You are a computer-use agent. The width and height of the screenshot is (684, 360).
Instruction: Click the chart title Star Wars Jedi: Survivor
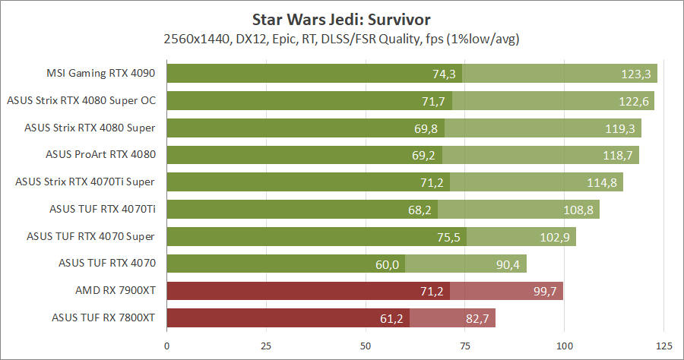coord(342,17)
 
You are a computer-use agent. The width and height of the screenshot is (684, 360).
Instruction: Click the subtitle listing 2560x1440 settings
coord(342,38)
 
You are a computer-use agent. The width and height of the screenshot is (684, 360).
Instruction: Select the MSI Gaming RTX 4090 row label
coord(101,74)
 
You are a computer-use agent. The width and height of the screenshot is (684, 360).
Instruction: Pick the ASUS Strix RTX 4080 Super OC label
coord(81,100)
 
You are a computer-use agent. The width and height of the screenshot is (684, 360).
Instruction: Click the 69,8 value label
coord(426,128)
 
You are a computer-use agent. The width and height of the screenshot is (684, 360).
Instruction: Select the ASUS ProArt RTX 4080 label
coord(100,155)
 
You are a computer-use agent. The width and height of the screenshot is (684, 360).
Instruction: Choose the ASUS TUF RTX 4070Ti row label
coord(103,209)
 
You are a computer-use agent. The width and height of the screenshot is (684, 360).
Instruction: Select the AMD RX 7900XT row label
coord(116,291)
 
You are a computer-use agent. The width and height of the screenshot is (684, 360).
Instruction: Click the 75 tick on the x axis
coord(465,346)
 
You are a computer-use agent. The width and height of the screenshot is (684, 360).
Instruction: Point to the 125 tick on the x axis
coord(663,346)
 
